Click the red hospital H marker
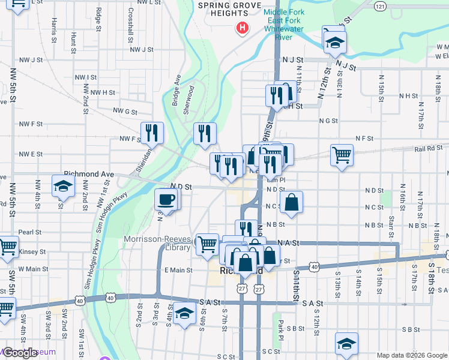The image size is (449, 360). (242, 28)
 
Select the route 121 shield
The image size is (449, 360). (379, 5)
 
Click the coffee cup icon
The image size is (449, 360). (166, 199)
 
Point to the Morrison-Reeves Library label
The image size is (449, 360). (157, 243)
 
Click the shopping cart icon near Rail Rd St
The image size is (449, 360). (342, 155)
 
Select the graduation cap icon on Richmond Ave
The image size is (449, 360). (62, 186)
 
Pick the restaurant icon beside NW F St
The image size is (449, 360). (152, 133)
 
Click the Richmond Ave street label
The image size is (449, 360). (88, 174)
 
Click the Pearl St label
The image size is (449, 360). (29, 232)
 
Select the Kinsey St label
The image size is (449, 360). (32, 251)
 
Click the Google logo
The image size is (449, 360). (21, 353)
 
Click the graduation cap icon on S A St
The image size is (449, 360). (185, 314)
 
